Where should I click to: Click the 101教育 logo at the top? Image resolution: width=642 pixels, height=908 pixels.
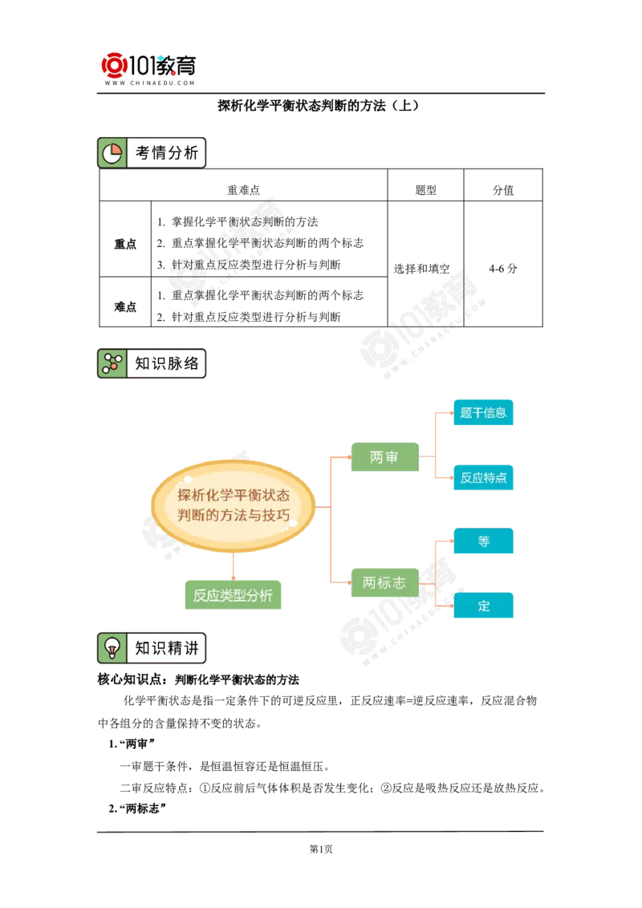tap(151, 67)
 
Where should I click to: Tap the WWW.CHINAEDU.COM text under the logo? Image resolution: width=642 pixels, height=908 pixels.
tap(150, 83)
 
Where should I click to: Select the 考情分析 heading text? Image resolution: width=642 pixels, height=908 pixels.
tap(166, 152)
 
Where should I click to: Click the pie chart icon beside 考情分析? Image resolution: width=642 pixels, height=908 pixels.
tap(112, 152)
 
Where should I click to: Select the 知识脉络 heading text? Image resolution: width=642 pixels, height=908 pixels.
tap(166, 363)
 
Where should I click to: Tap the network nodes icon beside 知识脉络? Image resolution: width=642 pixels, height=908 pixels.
tap(112, 363)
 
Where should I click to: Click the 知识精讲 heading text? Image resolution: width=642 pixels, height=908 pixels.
tap(166, 648)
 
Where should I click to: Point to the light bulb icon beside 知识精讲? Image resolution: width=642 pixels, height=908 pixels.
tap(112, 648)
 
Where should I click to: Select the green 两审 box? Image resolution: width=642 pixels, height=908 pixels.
tap(384, 457)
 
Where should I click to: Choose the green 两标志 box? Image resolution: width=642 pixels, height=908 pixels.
tap(384, 583)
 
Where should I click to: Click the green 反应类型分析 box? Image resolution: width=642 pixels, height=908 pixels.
tap(232, 595)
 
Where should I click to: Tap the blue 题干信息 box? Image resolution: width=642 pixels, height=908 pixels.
tap(482, 413)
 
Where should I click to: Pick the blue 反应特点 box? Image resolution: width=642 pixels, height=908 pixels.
tap(482, 477)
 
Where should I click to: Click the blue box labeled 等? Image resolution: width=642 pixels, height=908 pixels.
tap(484, 541)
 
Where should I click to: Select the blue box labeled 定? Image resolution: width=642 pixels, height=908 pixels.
tap(484, 606)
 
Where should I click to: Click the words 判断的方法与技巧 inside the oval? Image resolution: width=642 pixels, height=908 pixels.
tap(234, 516)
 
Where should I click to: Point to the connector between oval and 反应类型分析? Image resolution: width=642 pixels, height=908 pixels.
tap(233, 566)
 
